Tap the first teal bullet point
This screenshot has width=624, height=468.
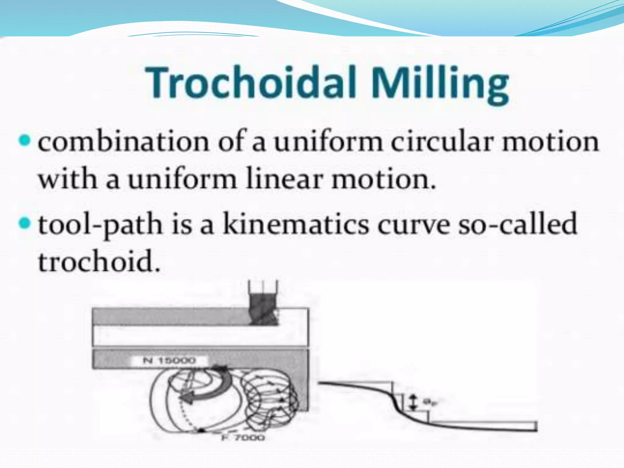25,141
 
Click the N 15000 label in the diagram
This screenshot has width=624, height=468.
169,361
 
